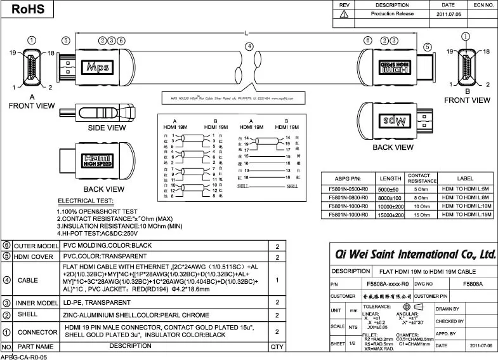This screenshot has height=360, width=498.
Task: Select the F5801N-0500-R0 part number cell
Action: (348, 189)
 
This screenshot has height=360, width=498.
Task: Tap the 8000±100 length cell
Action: (389, 197)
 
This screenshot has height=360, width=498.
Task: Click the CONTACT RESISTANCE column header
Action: (419, 178)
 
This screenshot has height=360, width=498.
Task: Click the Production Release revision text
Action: (392, 13)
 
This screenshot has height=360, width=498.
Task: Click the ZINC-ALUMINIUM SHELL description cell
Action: (135, 315)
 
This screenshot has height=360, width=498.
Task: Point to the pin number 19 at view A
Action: (11, 54)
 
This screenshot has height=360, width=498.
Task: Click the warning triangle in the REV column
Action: (343, 14)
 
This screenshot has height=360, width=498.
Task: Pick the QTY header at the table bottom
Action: (277, 347)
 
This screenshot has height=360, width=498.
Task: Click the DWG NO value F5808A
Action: (473, 284)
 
